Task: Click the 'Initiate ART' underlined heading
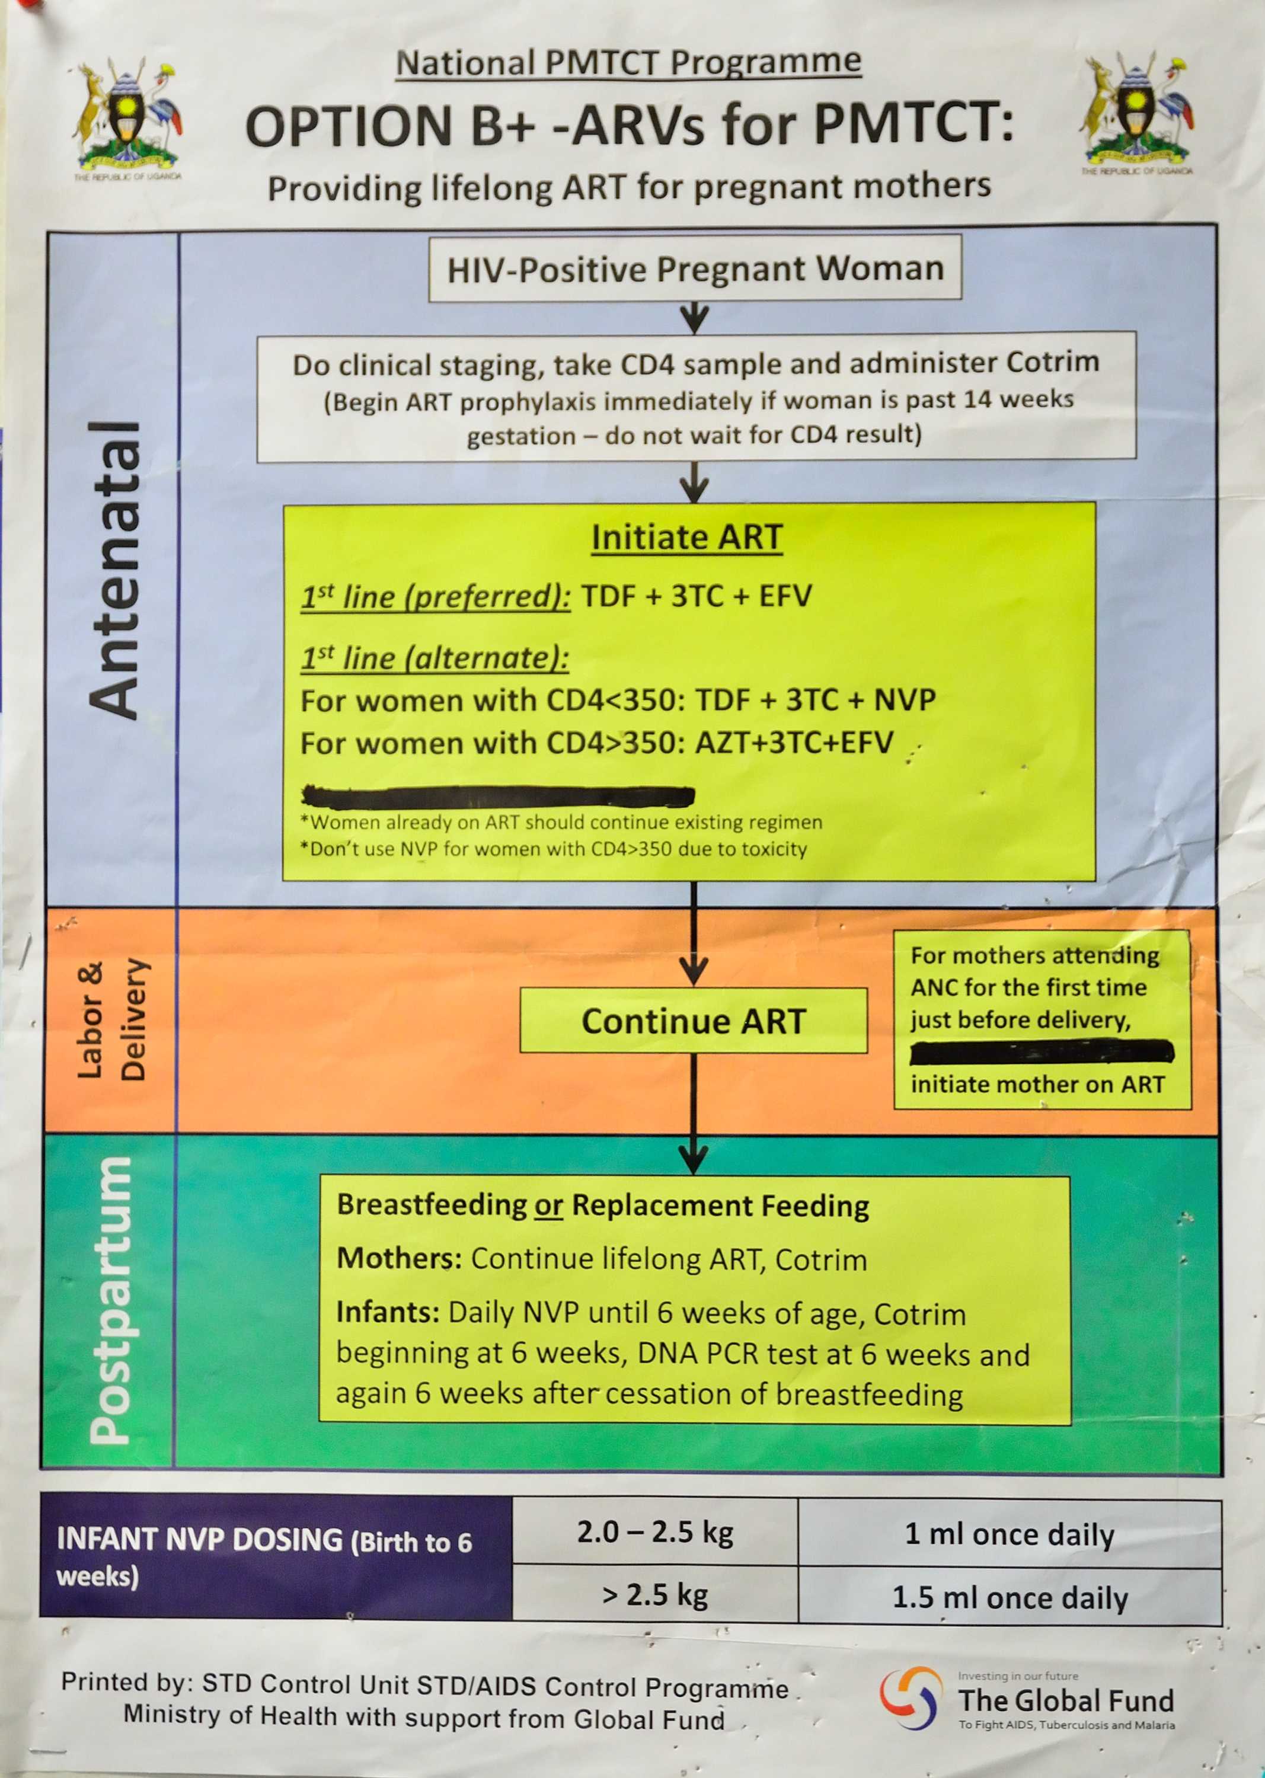(686, 538)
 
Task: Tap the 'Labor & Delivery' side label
(111, 1019)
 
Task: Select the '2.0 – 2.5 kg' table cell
(655, 1532)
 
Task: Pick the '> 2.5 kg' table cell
(655, 1594)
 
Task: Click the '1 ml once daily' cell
(1009, 1534)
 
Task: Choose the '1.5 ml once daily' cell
(1009, 1597)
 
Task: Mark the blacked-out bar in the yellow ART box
(499, 796)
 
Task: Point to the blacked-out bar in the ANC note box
(1042, 1052)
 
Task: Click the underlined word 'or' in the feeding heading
(548, 1205)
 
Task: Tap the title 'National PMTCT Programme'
(628, 62)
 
